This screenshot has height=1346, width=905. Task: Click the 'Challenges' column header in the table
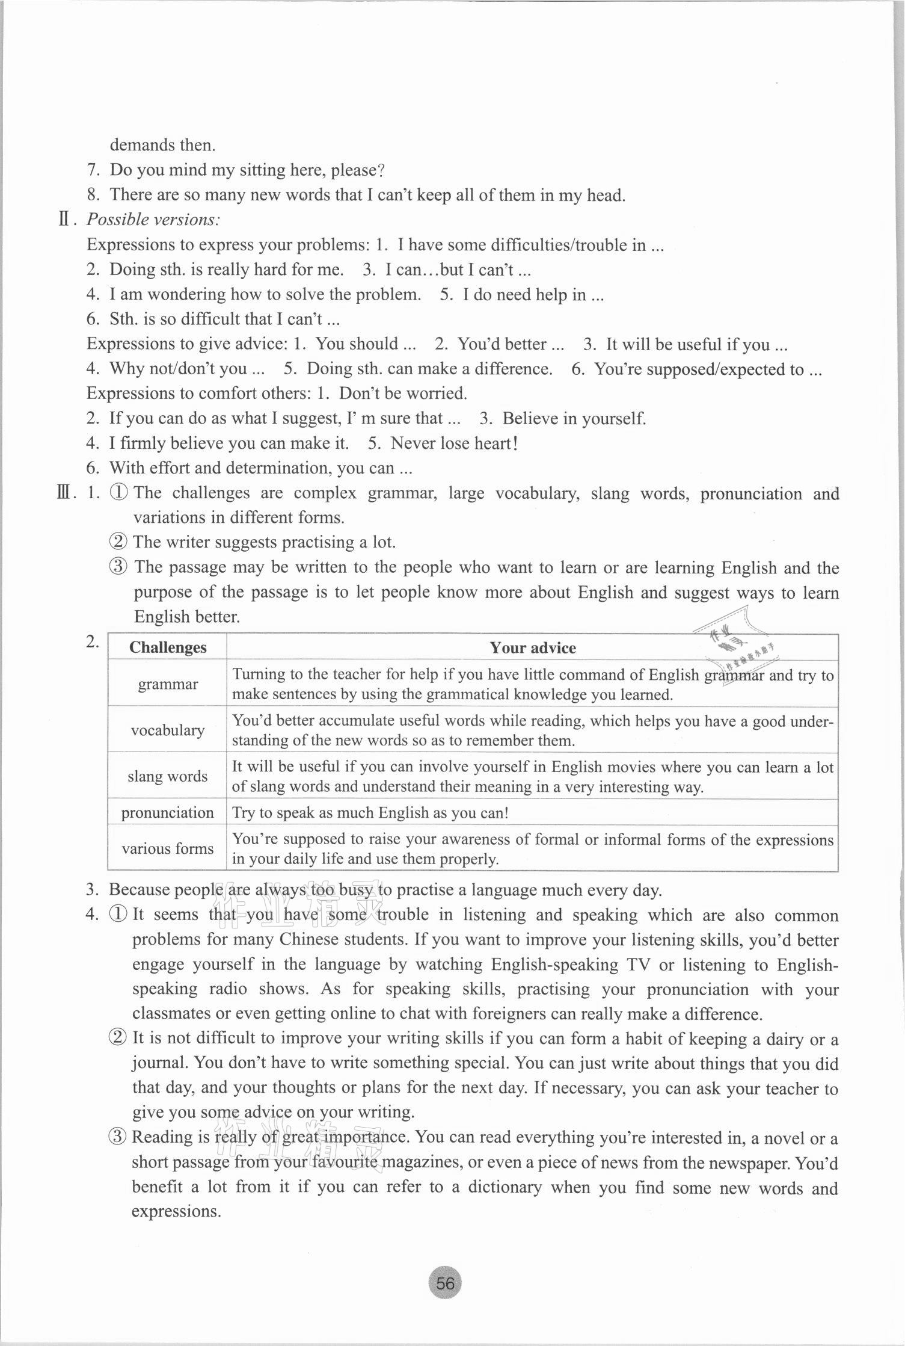(167, 647)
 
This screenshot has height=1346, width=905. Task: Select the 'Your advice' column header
(532, 647)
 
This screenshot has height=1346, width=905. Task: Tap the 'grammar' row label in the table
(168, 684)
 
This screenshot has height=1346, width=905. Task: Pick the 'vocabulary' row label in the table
(168, 730)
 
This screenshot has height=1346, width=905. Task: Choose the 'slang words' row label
(168, 776)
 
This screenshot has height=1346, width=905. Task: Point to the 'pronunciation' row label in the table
(168, 812)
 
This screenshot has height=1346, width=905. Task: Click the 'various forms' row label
(168, 848)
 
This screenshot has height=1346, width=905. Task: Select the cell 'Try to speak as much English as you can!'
(370, 813)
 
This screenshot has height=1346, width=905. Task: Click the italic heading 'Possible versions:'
(153, 220)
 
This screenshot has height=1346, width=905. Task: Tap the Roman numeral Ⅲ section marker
(66, 493)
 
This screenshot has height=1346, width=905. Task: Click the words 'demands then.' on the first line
(162, 145)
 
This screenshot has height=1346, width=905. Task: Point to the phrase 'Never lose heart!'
(454, 443)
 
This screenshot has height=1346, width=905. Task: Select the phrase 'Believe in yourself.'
(574, 418)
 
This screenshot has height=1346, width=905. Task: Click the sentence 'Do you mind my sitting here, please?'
(247, 170)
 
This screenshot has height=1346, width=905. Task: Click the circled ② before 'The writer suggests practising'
(118, 542)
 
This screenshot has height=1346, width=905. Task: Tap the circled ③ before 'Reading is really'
(117, 1137)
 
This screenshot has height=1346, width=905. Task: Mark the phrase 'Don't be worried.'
(403, 394)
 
